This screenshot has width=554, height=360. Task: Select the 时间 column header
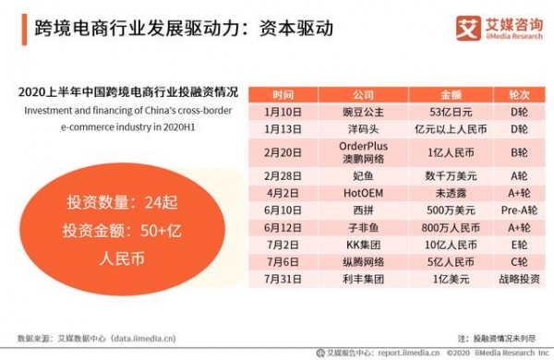tap(283, 95)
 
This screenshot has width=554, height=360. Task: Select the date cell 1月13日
tap(283, 129)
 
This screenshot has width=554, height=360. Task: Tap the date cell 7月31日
tap(283, 278)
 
